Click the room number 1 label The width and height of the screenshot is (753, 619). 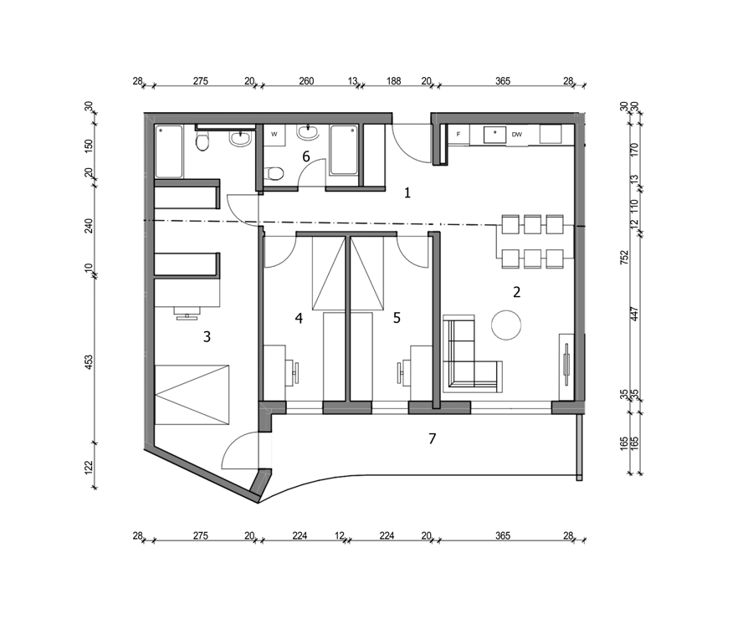tap(407, 193)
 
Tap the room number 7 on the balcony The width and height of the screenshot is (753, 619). tap(433, 438)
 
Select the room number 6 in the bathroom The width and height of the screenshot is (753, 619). tap(306, 156)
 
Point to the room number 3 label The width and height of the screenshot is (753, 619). tap(207, 336)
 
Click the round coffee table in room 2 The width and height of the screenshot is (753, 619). tap(506, 325)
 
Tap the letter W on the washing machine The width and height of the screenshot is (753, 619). tap(274, 135)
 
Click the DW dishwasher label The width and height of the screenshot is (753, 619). tap(517, 135)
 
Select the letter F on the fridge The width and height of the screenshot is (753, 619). tap(458, 135)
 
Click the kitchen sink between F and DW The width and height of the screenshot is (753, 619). tap(494, 135)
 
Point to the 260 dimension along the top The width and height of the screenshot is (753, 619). tap(306, 80)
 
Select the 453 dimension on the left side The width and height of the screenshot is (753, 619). tap(89, 361)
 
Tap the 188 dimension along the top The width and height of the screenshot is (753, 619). tap(394, 80)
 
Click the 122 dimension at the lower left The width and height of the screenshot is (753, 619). tap(89, 467)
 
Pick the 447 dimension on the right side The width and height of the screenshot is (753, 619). tap(634, 314)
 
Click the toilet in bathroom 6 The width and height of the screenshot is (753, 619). tap(274, 173)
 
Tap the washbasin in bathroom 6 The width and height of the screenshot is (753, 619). tap(307, 132)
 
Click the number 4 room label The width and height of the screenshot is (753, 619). tap(300, 318)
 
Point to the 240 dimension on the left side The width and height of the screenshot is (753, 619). tap(89, 225)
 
